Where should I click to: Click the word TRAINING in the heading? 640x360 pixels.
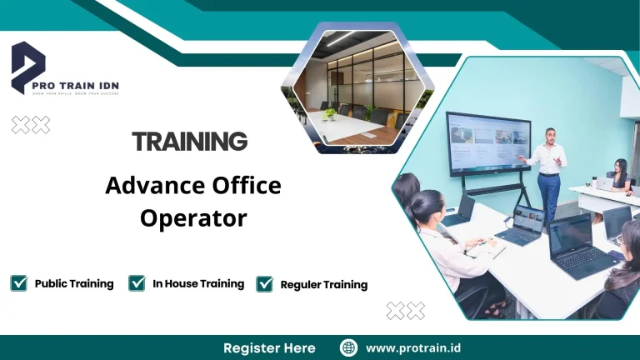[x=190, y=141]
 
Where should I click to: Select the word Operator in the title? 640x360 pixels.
[x=193, y=217]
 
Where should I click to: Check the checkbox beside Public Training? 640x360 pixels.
[x=19, y=283]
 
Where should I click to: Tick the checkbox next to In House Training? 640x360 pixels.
[x=137, y=283]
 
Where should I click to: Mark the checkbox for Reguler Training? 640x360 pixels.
[x=265, y=284]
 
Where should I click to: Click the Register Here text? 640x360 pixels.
[x=269, y=347]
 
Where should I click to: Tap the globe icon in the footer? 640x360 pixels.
[x=349, y=347]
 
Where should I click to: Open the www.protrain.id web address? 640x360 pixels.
[x=414, y=347]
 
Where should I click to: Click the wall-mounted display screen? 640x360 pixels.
[x=487, y=142]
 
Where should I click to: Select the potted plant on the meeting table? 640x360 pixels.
[x=330, y=113]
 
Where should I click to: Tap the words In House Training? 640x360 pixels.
[x=198, y=283]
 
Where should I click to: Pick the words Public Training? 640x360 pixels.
[x=74, y=283]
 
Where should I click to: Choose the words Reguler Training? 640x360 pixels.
[x=324, y=284]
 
